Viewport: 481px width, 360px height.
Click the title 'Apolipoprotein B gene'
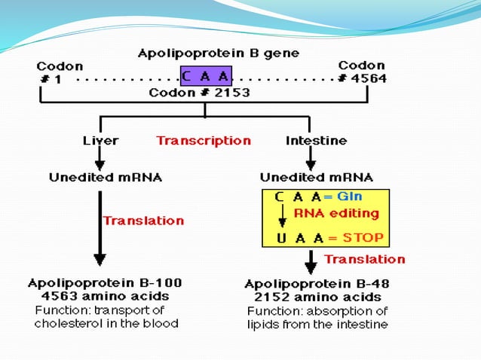click(x=218, y=53)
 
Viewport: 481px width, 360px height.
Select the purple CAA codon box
click(x=206, y=77)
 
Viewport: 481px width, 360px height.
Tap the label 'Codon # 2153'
click(x=199, y=93)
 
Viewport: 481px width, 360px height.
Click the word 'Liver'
click(x=100, y=141)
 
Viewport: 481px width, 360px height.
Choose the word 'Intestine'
click(x=316, y=141)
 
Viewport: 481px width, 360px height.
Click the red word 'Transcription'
click(x=204, y=141)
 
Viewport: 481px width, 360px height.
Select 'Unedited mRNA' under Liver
click(x=106, y=178)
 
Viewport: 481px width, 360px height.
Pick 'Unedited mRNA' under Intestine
click(x=316, y=178)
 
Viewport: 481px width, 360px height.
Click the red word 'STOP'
click(x=363, y=237)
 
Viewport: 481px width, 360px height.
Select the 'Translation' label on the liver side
click(x=143, y=221)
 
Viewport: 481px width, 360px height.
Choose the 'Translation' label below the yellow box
click(x=364, y=259)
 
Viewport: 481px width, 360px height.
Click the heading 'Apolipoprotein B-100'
click(x=105, y=284)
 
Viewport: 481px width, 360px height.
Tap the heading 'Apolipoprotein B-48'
click(x=316, y=285)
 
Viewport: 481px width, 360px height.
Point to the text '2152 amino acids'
click(x=316, y=297)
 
